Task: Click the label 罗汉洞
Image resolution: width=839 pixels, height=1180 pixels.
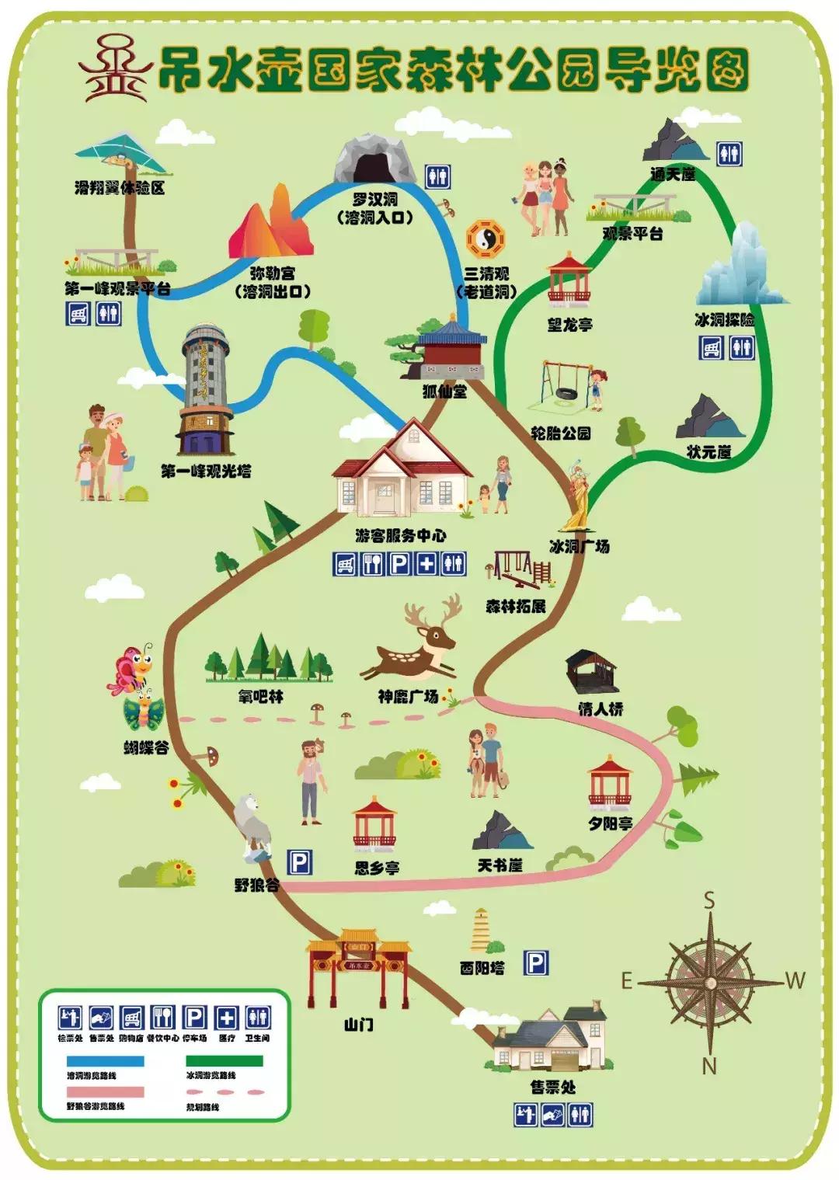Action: pos(374,200)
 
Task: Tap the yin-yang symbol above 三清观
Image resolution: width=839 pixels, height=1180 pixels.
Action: pos(486,240)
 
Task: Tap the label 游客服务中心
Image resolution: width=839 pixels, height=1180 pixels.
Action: pos(401,535)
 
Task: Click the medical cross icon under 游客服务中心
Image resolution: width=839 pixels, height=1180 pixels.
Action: pos(426,563)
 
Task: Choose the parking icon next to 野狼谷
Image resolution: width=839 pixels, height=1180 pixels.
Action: pos(300,862)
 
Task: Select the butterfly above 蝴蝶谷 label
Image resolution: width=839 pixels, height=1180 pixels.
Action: pos(132,668)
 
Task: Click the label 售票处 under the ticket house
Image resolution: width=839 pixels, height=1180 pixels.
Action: pos(553,1088)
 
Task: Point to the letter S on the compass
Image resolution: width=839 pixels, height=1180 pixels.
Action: pos(709,901)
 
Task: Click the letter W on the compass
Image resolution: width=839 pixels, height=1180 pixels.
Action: pos(795,981)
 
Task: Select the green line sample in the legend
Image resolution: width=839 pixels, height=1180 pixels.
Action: pos(225,1060)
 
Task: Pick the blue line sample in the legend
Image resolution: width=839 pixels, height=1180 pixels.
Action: pos(105,1060)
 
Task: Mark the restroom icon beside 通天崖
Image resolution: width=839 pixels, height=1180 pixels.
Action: pos(729,154)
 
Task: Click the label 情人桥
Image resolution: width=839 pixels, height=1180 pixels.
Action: pos(601,708)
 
